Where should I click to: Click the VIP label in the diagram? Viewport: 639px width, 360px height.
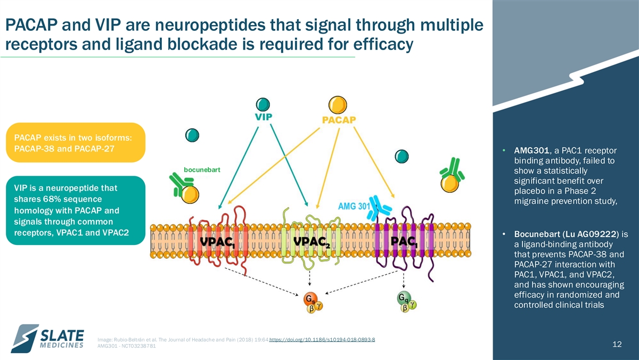coord(263,117)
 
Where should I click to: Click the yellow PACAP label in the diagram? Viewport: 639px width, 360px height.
coord(339,120)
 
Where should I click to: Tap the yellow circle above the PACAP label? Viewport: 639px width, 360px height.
coord(338,105)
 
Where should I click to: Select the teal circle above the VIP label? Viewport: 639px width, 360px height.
coord(263,104)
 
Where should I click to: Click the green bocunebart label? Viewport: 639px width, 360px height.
coord(202,170)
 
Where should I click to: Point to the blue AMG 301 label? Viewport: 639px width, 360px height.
coord(354,206)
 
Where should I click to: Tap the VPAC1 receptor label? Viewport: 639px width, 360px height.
coord(217,242)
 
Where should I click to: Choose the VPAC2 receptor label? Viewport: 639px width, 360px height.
coord(312,242)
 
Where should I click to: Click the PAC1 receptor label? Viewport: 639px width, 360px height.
coord(404,242)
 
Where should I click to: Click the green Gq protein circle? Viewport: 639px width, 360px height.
coord(404,298)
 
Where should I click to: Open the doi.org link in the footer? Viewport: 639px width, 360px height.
coord(322,339)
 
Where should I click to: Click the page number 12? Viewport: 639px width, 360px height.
coord(617,345)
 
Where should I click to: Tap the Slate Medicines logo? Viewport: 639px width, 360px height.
coord(47,338)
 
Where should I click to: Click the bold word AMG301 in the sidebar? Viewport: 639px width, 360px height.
coord(531,150)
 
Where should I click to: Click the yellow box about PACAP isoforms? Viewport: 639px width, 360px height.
coord(76,143)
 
